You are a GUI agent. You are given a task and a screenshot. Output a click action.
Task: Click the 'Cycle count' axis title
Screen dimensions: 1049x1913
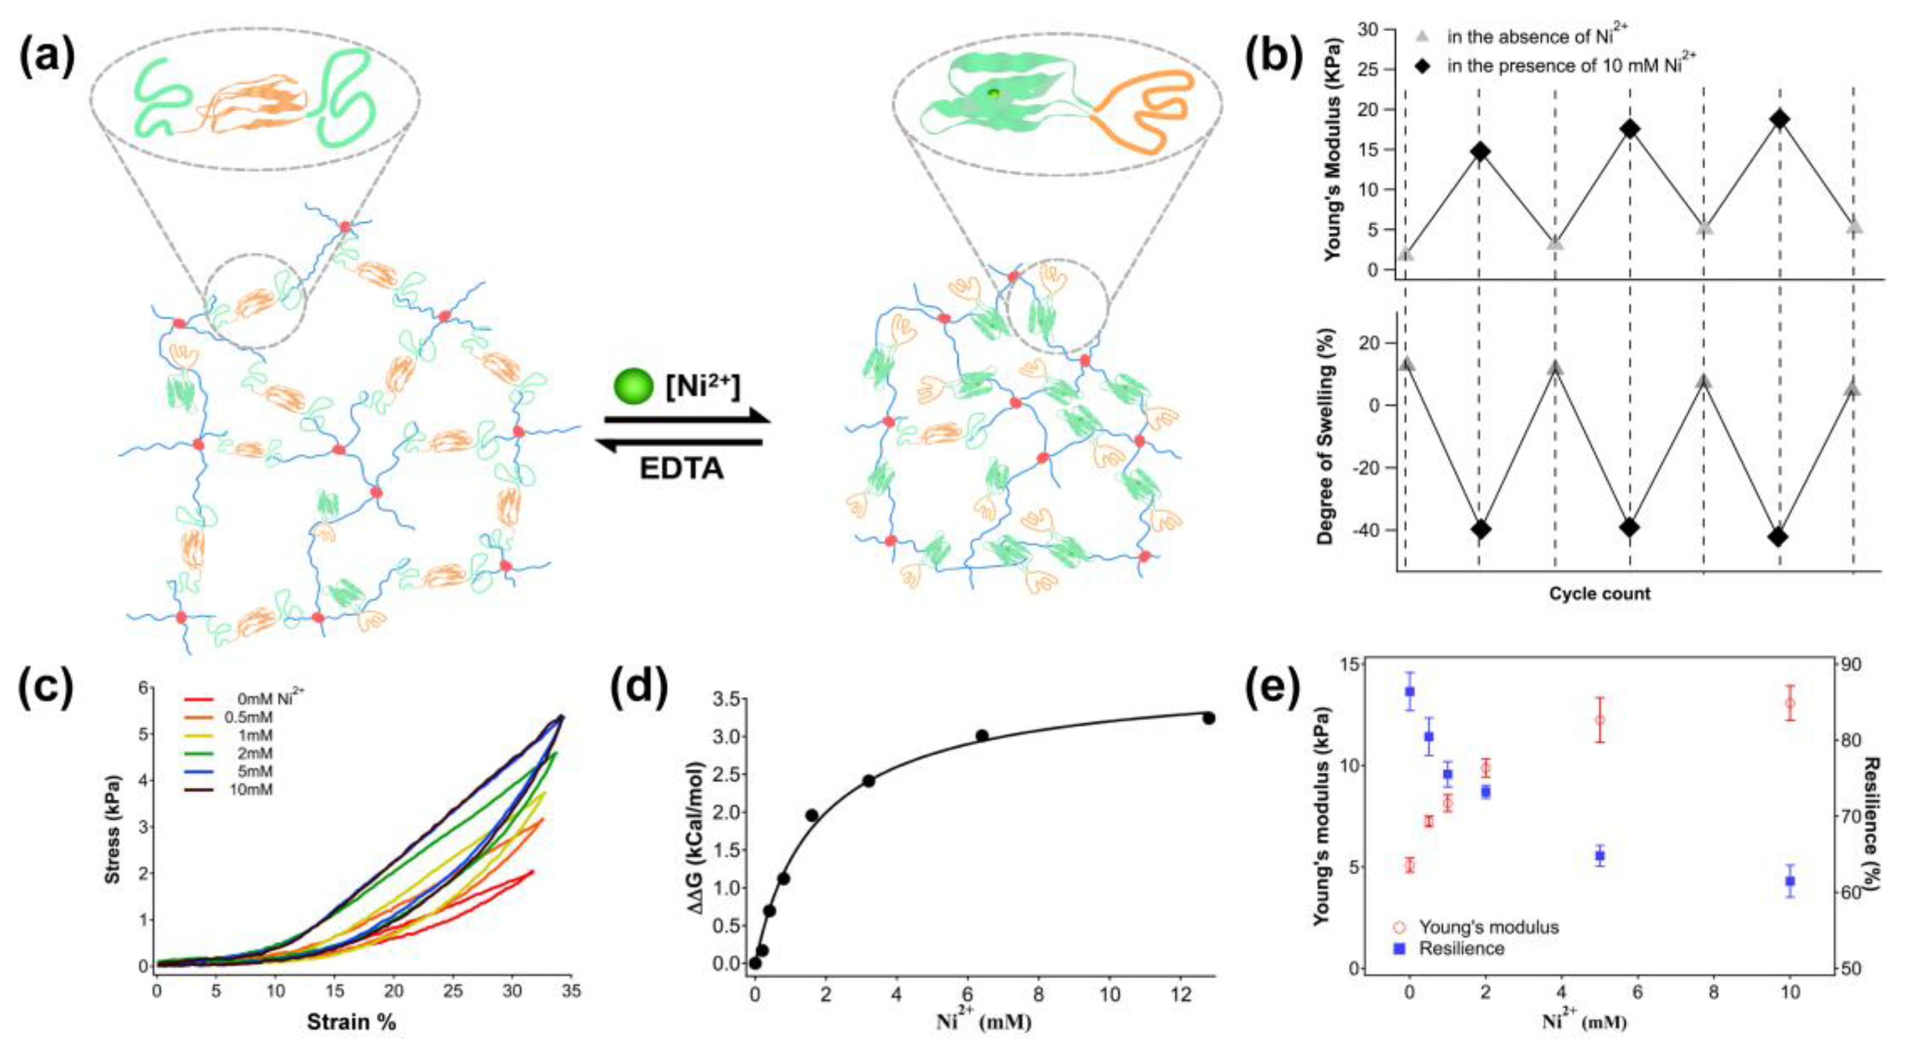pos(1599,593)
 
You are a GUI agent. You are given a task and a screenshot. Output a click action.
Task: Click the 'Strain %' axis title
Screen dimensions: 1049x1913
pos(351,1022)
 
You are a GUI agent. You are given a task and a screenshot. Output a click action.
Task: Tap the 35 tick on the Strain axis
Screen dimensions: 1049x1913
pos(570,990)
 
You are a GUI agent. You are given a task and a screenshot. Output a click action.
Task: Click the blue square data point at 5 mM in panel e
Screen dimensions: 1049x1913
pos(1600,855)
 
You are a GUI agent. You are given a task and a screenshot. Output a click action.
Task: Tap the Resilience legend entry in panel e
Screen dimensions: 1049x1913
pos(1461,949)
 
